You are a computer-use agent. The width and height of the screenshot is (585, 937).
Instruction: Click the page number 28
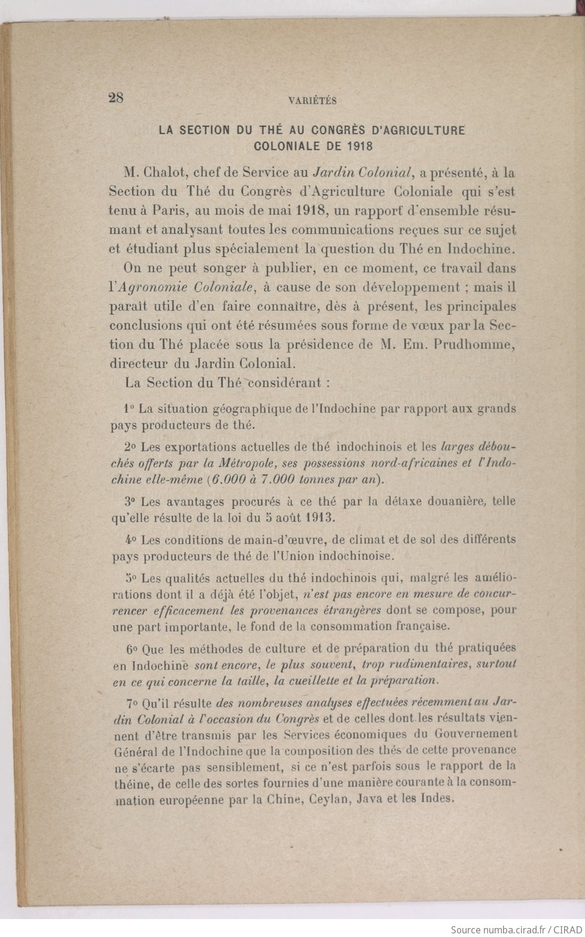click(115, 99)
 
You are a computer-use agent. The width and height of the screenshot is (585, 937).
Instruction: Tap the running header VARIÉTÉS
click(312, 101)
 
